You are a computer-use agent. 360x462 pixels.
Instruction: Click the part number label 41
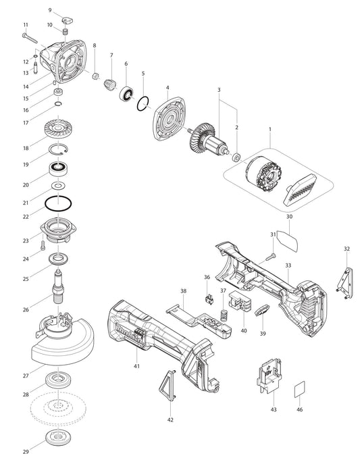tap(136, 365)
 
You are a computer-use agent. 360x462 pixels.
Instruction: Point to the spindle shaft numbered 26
tap(59, 287)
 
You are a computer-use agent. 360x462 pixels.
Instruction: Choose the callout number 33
tap(288, 265)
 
